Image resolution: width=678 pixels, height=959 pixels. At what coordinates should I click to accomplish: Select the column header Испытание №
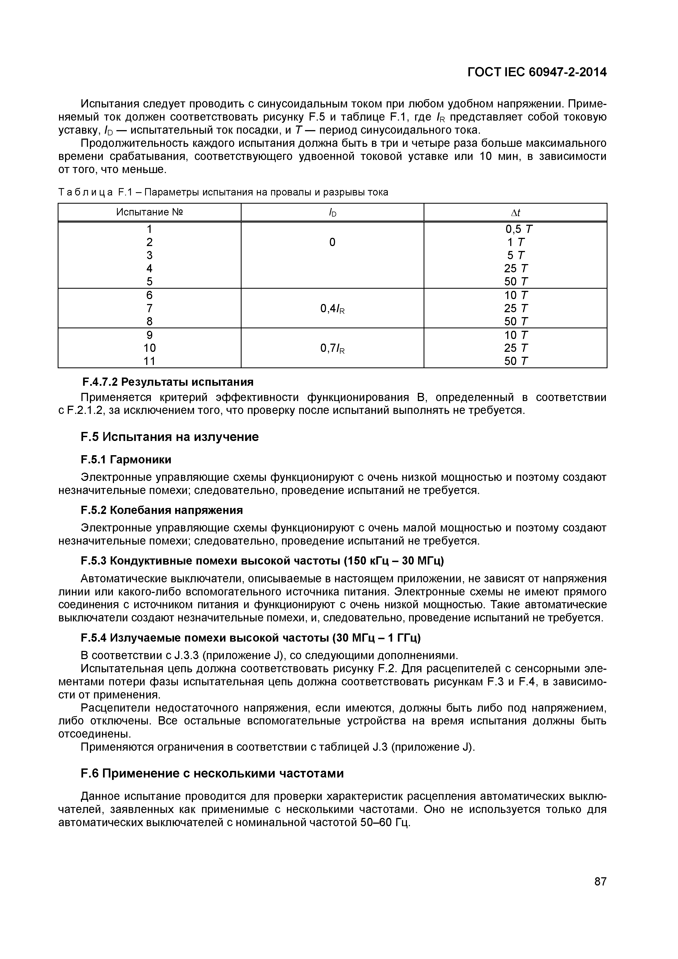click(149, 212)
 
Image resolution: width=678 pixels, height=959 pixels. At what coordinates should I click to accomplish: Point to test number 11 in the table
click(149, 361)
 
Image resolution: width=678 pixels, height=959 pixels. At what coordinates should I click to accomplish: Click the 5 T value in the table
click(516, 255)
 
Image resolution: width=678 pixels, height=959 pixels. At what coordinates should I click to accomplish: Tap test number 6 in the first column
click(149, 295)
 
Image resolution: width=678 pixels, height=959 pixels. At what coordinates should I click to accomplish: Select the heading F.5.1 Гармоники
click(126, 460)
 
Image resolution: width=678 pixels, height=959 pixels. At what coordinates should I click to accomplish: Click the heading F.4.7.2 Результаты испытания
click(167, 382)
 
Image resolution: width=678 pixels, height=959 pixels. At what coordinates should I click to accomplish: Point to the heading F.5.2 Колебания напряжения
click(162, 510)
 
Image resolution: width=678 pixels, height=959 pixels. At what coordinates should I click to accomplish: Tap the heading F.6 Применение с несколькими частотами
click(212, 774)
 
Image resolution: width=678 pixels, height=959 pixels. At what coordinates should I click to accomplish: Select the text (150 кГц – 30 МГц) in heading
click(394, 561)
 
